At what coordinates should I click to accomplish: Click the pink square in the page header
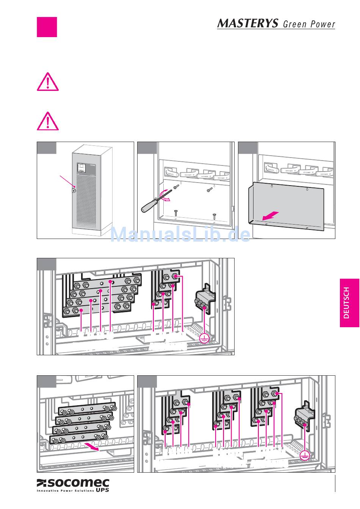(x=47, y=27)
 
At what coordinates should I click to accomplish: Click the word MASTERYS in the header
(x=247, y=23)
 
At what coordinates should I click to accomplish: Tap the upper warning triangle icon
(x=47, y=82)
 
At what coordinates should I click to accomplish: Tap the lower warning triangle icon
(x=47, y=121)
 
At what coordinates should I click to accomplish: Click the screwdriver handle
(x=148, y=206)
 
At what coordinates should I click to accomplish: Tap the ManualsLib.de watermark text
(x=180, y=235)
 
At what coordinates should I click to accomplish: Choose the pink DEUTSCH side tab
(x=349, y=303)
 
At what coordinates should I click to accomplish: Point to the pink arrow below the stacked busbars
(x=92, y=447)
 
